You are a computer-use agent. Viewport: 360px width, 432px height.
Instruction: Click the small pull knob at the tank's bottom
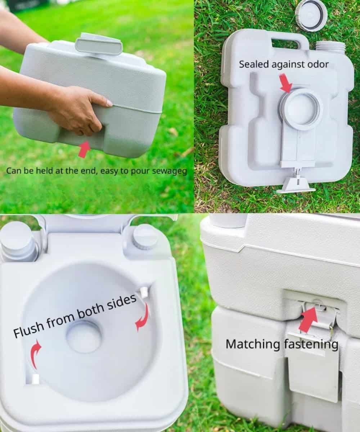pyautogui.click(x=297, y=184)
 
